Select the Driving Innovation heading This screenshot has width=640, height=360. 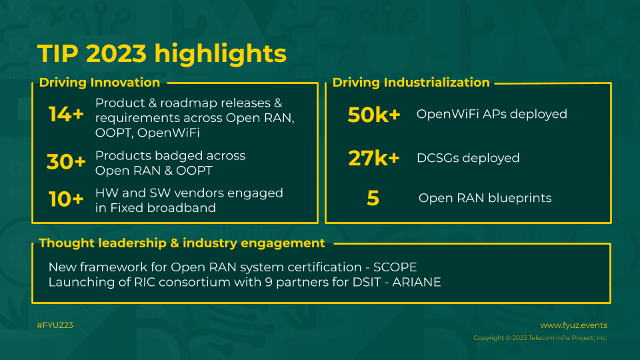point(99,83)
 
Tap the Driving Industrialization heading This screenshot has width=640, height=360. point(411,83)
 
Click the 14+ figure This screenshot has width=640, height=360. point(66,114)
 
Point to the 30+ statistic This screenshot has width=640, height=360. point(66,161)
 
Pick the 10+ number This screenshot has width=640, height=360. point(66,199)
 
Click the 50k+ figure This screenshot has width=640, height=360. point(374,115)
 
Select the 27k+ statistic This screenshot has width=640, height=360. point(374,158)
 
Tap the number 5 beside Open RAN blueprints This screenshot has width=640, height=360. point(373,198)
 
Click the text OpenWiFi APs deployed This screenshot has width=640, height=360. point(492,114)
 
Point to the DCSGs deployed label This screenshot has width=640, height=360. point(468,158)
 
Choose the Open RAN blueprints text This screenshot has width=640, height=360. point(485,198)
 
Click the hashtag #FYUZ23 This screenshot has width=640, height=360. point(55,325)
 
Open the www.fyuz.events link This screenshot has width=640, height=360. point(573,325)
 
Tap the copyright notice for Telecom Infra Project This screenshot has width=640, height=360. point(541,338)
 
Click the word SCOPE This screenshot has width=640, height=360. point(395,267)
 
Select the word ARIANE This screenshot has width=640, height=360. point(416,283)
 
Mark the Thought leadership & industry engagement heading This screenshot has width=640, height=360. point(182,243)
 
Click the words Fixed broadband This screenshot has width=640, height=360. point(163,208)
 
